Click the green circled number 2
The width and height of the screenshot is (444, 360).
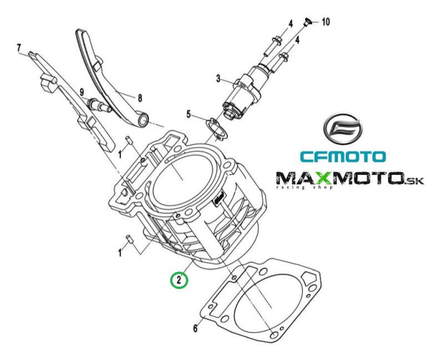pos(179,279)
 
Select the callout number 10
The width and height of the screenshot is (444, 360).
pos(325,22)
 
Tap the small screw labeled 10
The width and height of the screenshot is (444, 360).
pos(307,22)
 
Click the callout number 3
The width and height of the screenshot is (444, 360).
pos(219,79)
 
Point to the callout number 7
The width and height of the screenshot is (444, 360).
pos(19,47)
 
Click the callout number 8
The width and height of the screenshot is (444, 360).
pos(140,98)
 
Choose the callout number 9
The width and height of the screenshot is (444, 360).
pos(81,92)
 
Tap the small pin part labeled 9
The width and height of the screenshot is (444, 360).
pos(99,103)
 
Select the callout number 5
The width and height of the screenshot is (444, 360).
pos(189,115)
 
